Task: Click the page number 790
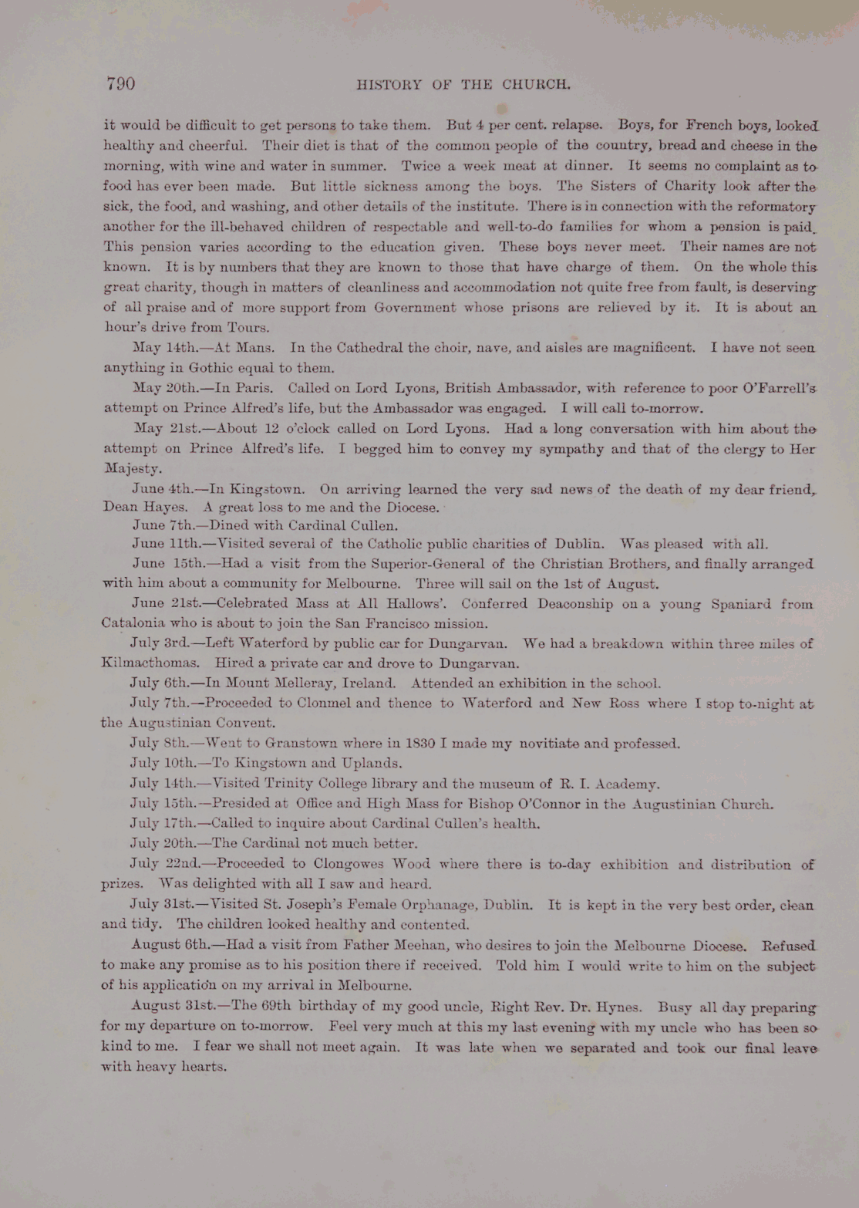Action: point(121,83)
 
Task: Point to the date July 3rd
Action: point(160,643)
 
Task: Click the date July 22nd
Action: point(164,864)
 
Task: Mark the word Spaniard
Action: point(742,604)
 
